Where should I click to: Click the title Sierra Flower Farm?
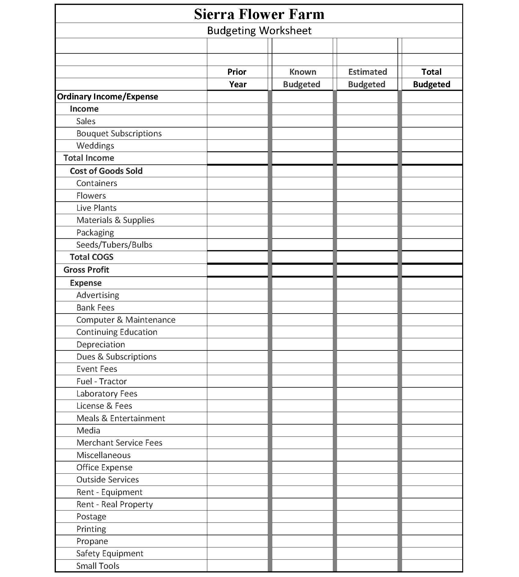coord(259,14)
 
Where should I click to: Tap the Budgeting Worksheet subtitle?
coord(259,30)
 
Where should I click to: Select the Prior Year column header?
coord(237,78)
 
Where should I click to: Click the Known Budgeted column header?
coord(302,78)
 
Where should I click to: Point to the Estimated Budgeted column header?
coord(367,78)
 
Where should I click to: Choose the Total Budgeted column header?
coord(432,78)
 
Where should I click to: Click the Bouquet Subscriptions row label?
coord(119,134)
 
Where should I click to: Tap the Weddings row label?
coord(95,146)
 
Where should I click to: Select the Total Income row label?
coord(89,158)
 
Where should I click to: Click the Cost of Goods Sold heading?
coord(106,171)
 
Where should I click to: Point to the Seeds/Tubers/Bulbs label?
coord(114,245)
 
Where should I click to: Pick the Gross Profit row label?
coord(86,270)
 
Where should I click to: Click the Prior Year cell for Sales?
coord(237,121)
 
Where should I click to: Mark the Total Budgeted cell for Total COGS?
coord(432,257)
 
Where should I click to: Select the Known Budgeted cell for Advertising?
coord(302,295)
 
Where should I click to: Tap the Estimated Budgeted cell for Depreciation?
coord(367,344)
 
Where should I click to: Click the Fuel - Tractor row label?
coord(101,382)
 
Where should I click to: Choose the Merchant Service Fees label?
coord(119,443)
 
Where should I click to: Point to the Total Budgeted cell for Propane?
coord(432,541)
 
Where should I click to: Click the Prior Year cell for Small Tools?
coord(237,566)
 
